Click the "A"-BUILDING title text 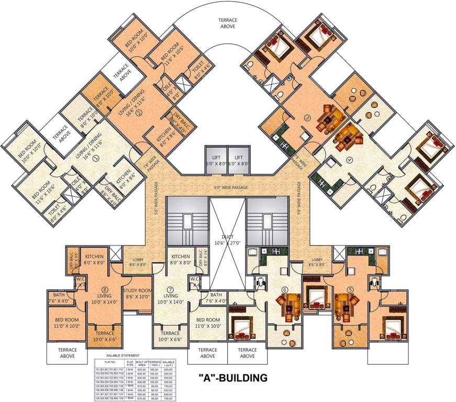pos(233,377)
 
